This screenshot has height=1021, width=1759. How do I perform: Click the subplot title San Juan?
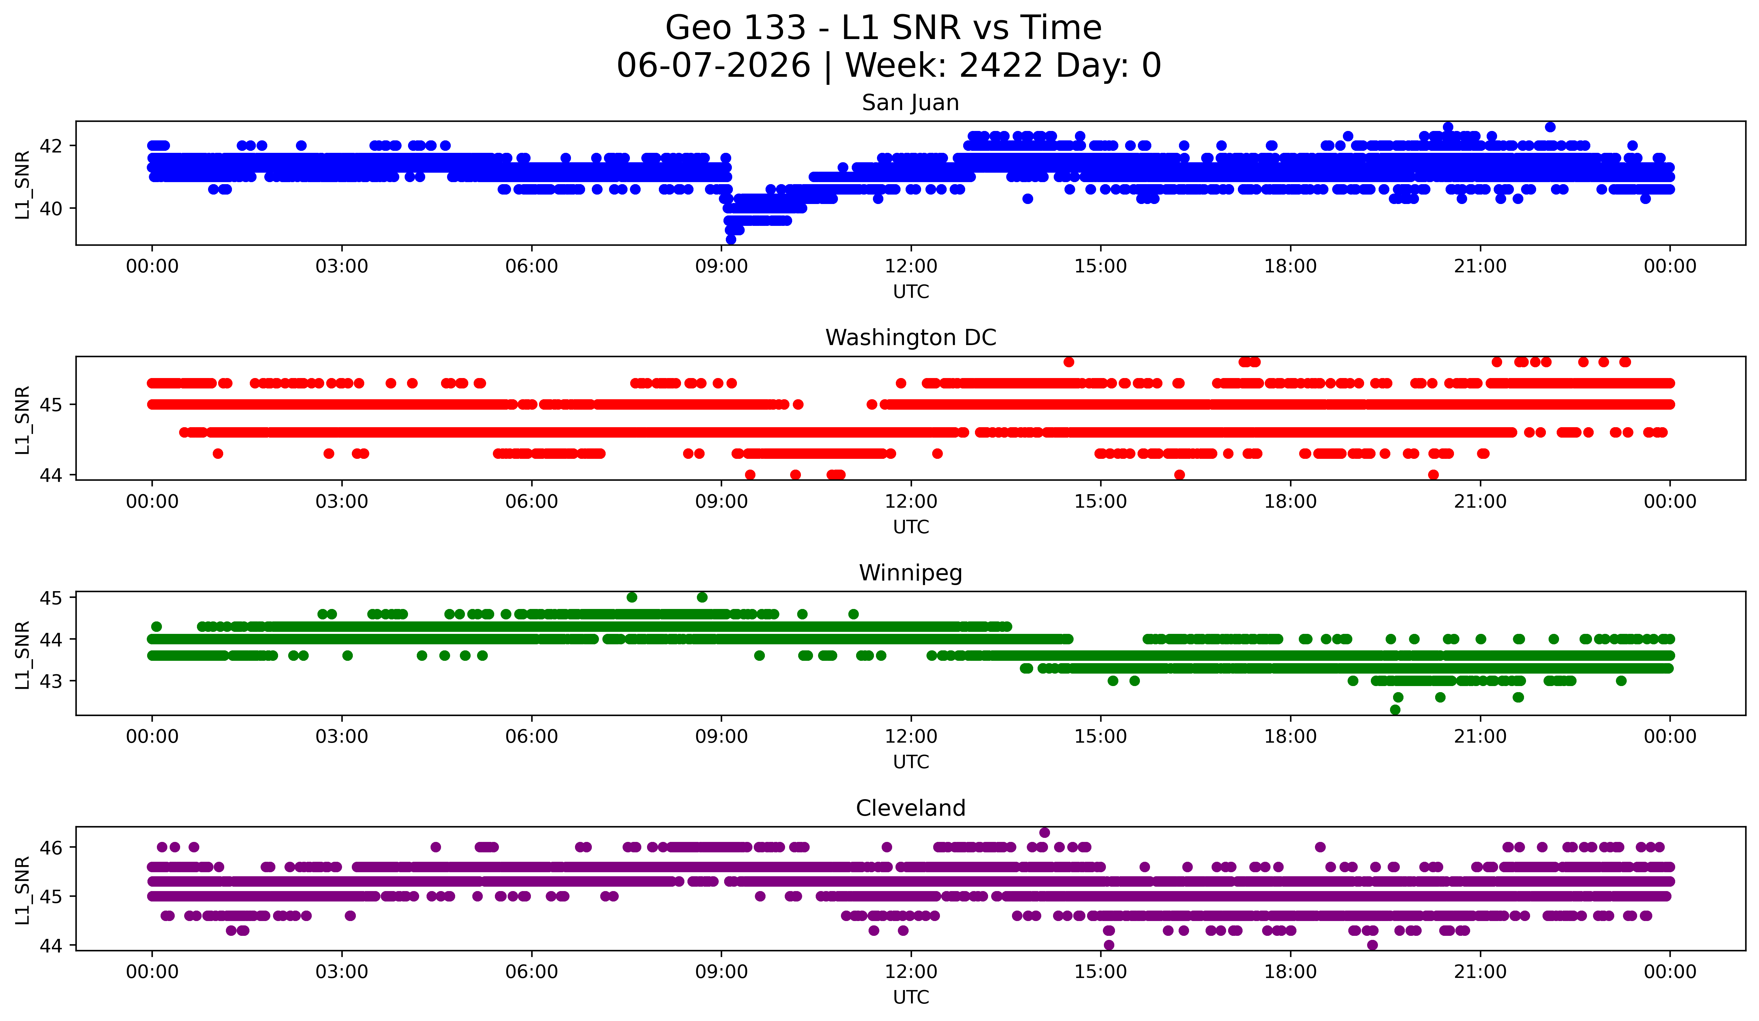[910, 103]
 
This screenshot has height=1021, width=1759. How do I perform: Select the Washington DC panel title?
[910, 338]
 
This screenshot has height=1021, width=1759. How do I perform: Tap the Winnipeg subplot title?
[910, 573]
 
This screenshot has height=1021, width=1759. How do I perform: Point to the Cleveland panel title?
[910, 808]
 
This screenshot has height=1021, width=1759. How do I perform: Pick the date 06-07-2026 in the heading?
[713, 66]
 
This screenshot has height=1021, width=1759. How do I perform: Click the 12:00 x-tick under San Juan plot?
[911, 267]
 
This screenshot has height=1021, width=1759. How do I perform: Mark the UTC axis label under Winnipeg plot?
[911, 762]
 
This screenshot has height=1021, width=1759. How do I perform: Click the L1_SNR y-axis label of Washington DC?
[23, 420]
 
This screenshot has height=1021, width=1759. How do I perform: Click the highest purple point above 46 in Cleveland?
[1044, 832]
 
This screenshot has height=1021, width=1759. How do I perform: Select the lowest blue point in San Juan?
[731, 239]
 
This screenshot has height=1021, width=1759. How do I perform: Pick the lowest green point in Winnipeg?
[1395, 710]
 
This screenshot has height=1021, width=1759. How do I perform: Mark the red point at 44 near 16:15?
[1180, 475]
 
